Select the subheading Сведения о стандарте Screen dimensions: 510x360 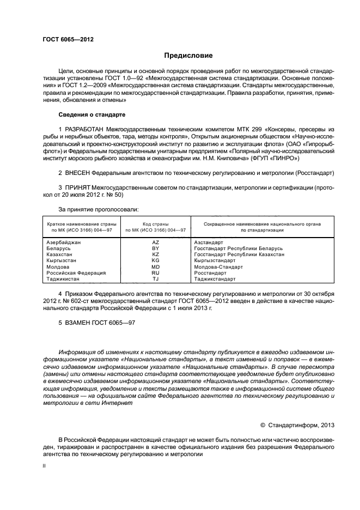pos(92,115)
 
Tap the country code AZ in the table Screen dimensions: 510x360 pos(156,242)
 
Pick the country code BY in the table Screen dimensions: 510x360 pos(156,248)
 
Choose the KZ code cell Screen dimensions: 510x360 pos(156,254)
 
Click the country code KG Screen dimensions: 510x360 pos(156,260)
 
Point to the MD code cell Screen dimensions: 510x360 pos(156,267)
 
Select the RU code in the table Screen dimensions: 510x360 pos(156,273)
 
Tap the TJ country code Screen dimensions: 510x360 pos(156,279)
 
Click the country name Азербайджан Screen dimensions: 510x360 pos(64,242)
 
